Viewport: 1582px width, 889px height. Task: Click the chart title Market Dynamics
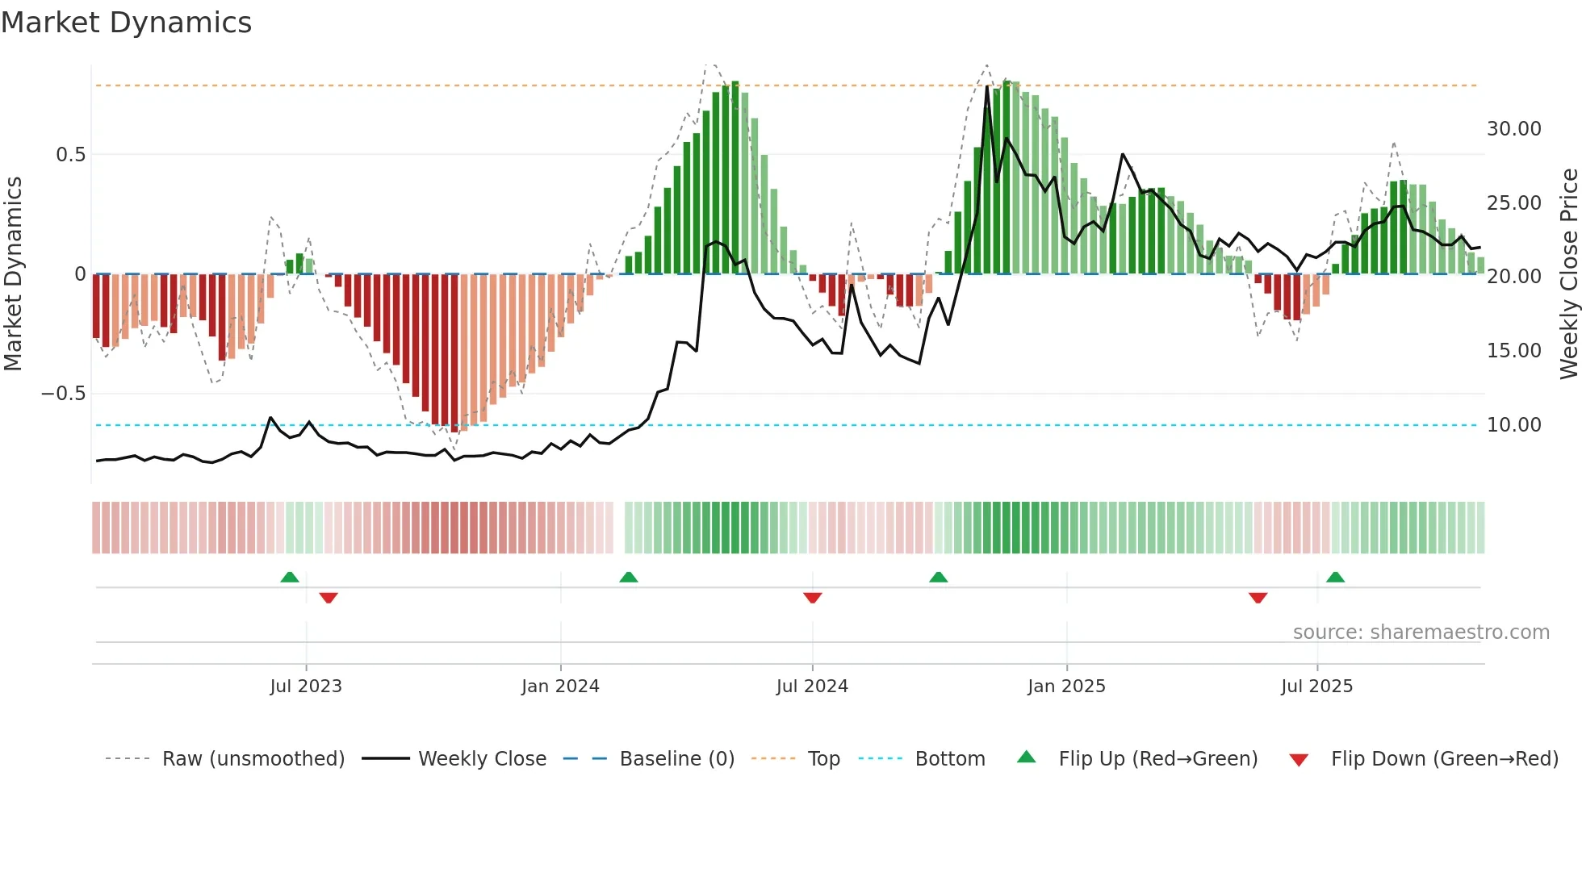[126, 23]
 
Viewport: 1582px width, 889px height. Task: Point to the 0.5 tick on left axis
[70, 154]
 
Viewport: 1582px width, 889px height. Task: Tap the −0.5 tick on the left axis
[63, 394]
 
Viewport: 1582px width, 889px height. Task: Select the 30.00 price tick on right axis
[1513, 129]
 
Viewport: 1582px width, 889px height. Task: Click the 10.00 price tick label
[1513, 425]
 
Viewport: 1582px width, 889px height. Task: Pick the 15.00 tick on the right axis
[1513, 351]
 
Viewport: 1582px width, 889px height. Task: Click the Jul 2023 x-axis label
[306, 687]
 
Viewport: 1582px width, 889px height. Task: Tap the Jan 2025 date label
[1066, 687]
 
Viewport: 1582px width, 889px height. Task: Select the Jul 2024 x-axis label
[812, 687]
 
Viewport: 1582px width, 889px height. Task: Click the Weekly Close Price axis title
[1568, 274]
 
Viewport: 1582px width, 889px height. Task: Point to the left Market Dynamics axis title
[13, 274]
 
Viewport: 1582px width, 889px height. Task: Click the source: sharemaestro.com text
[1421, 632]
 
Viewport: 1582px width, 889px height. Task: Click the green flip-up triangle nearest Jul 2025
[1335, 577]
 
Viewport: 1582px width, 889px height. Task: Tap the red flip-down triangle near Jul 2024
[812, 598]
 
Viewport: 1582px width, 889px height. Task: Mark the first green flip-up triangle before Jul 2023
[290, 577]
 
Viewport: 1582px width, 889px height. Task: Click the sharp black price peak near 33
[987, 87]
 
